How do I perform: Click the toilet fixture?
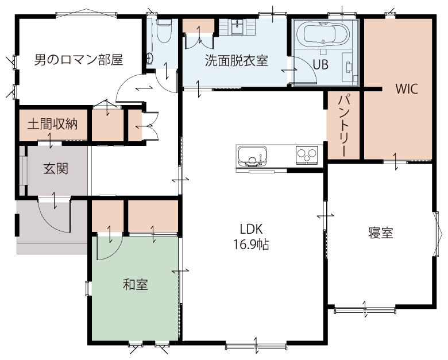pyautogui.click(x=164, y=30)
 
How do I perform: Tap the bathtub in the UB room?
pyautogui.click(x=323, y=34)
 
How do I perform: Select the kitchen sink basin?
pyautogui.click(x=253, y=156)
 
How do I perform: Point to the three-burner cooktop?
pyautogui.click(x=307, y=155)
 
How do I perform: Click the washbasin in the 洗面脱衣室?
pyautogui.click(x=237, y=26)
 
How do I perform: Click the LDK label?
pyautogui.click(x=251, y=229)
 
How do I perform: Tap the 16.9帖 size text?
pyautogui.click(x=251, y=245)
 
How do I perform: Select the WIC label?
pyautogui.click(x=407, y=89)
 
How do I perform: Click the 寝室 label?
pyautogui.click(x=381, y=233)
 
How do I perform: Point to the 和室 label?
pyautogui.click(x=136, y=285)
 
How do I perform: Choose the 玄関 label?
pyautogui.click(x=56, y=169)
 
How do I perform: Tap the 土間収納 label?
pyautogui.click(x=53, y=124)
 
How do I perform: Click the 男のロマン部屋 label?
pyautogui.click(x=79, y=60)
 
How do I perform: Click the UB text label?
pyautogui.click(x=320, y=65)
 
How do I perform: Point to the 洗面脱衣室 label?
pyautogui.click(x=237, y=60)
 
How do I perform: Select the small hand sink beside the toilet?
pyautogui.click(x=150, y=58)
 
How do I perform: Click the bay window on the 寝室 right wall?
pyautogui.click(x=436, y=234)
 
